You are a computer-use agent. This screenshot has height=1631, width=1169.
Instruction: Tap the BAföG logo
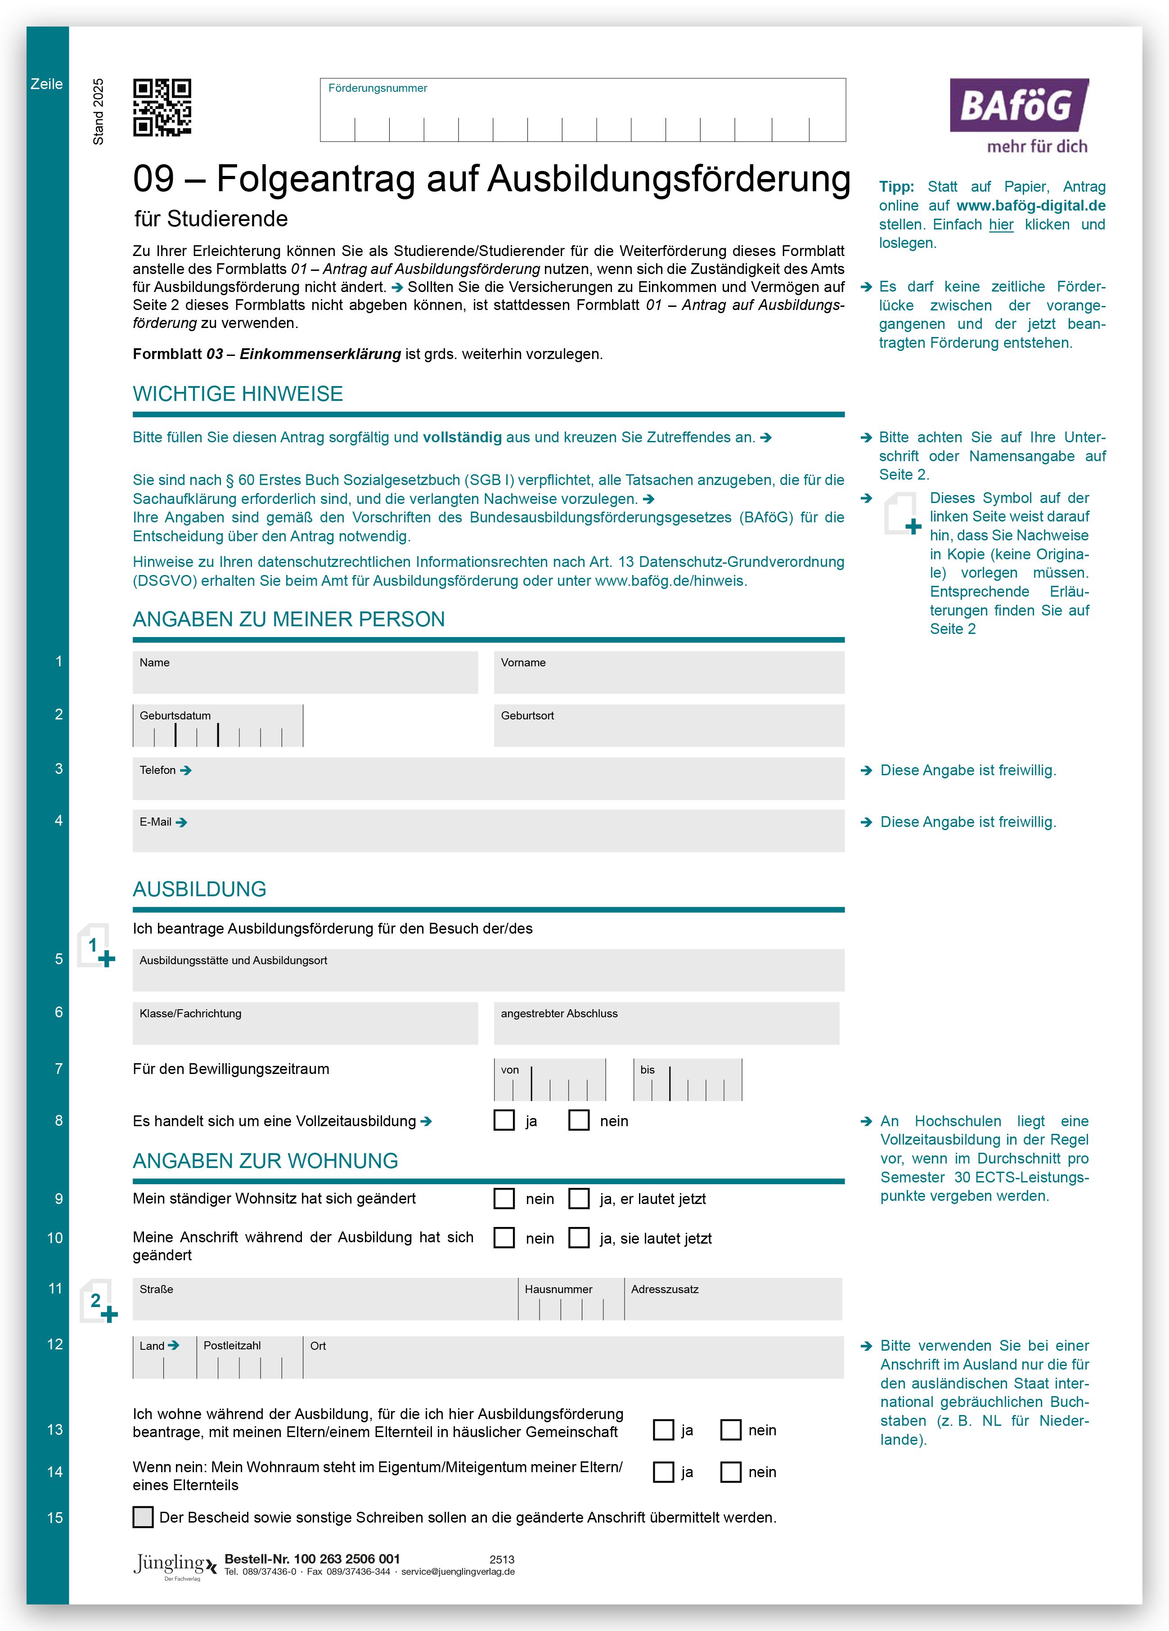(x=1019, y=115)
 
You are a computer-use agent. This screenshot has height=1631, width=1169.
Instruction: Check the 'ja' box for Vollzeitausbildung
(x=504, y=1120)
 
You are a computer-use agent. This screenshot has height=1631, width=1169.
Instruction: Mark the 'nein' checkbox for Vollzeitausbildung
(x=579, y=1120)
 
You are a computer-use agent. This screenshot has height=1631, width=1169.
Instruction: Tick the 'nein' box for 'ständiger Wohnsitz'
(x=504, y=1198)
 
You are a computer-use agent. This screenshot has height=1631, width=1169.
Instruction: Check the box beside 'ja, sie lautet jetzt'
(x=579, y=1238)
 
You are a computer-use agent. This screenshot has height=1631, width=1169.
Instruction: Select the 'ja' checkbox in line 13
(x=663, y=1429)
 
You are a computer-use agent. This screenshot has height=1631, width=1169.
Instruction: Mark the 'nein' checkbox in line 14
(x=731, y=1472)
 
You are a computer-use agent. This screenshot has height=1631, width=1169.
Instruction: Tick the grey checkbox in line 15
(x=143, y=1517)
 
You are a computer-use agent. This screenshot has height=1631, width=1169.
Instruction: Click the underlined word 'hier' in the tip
(x=1001, y=225)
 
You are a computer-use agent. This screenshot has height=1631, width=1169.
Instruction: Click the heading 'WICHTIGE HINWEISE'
(x=238, y=394)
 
